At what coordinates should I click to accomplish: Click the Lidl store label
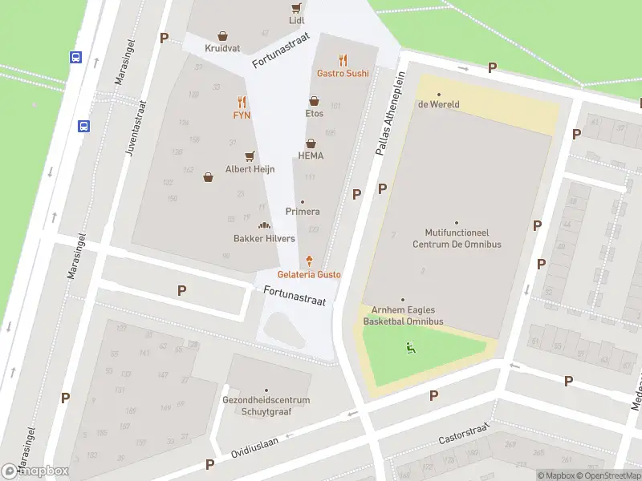tap(297, 19)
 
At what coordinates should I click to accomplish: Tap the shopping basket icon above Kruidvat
tap(222, 36)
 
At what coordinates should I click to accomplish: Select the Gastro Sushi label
tap(343, 73)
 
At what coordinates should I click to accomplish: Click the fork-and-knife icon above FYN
tap(242, 103)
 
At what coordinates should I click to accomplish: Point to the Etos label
tap(314, 114)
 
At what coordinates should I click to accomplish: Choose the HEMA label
tap(310, 156)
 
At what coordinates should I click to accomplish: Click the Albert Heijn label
tap(250, 169)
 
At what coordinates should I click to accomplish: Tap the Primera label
tap(303, 212)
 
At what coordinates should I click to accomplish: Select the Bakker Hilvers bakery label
tap(264, 238)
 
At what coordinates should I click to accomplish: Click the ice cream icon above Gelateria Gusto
tap(309, 261)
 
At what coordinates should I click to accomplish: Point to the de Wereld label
tap(438, 104)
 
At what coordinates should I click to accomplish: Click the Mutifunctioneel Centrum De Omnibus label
tap(456, 239)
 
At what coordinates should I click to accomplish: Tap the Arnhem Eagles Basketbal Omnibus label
tap(403, 316)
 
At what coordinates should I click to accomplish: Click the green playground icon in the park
tap(410, 347)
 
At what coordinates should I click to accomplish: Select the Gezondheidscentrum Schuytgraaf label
tap(266, 406)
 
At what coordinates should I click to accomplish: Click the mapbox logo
tap(35, 471)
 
